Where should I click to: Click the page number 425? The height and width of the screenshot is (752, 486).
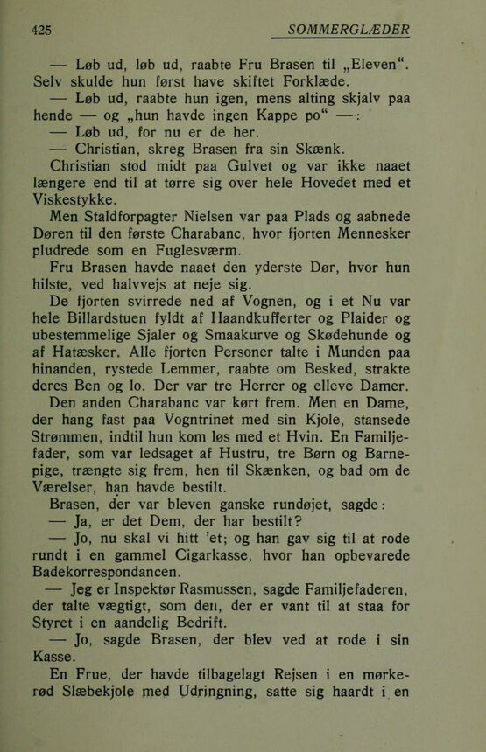coord(40,30)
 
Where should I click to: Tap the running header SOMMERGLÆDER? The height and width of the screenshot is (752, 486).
coord(354,30)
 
